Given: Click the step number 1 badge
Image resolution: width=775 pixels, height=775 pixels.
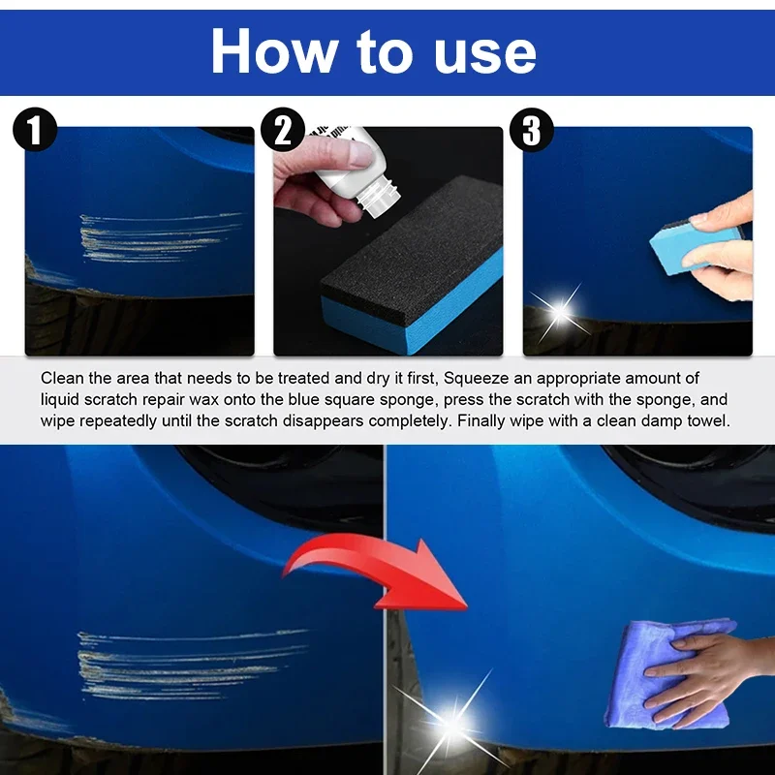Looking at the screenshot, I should click(x=35, y=131).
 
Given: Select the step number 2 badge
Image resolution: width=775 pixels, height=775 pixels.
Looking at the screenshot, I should click(x=283, y=131).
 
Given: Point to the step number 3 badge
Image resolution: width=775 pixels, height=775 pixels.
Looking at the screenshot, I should click(x=531, y=131).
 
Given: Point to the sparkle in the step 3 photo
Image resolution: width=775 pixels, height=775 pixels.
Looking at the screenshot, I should click(x=559, y=312).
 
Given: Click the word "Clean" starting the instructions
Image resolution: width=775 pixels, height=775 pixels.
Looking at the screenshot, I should click(x=61, y=378).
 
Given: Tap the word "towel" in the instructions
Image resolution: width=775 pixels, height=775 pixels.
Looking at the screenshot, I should click(x=705, y=421).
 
